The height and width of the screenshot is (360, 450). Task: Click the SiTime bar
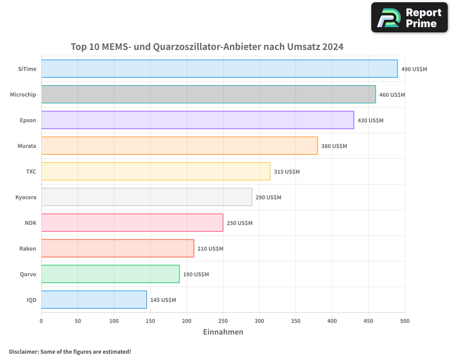pyautogui.click(x=219, y=69)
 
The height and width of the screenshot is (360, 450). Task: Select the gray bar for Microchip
pyautogui.click(x=208, y=94)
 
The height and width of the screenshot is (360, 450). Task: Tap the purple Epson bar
pyautogui.click(x=198, y=120)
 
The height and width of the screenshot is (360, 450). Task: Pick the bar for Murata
pyautogui.click(x=179, y=146)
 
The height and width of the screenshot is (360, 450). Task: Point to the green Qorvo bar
pyautogui.click(x=110, y=274)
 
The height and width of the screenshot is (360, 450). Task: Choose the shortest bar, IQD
pyautogui.click(x=94, y=300)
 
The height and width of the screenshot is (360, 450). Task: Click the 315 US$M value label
pyautogui.click(x=287, y=171)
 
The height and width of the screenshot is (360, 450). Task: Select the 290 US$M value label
pyautogui.click(x=268, y=197)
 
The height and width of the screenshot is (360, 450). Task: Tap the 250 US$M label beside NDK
pyautogui.click(x=239, y=223)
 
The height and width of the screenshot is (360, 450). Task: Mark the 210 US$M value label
pyautogui.click(x=210, y=248)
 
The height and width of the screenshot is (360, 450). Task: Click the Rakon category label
pyautogui.click(x=27, y=248)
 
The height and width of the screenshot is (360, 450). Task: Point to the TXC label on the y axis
pyautogui.click(x=31, y=171)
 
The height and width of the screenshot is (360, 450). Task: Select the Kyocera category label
pyautogui.click(x=26, y=197)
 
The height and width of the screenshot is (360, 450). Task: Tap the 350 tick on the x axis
pyautogui.click(x=296, y=321)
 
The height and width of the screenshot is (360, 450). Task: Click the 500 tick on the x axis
pyautogui.click(x=405, y=321)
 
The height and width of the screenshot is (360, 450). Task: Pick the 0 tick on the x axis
pyautogui.click(x=41, y=321)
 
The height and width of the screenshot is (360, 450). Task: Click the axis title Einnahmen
pyautogui.click(x=223, y=332)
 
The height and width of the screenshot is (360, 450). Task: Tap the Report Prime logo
pyautogui.click(x=409, y=18)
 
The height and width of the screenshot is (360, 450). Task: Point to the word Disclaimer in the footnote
pyautogui.click(x=23, y=351)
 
